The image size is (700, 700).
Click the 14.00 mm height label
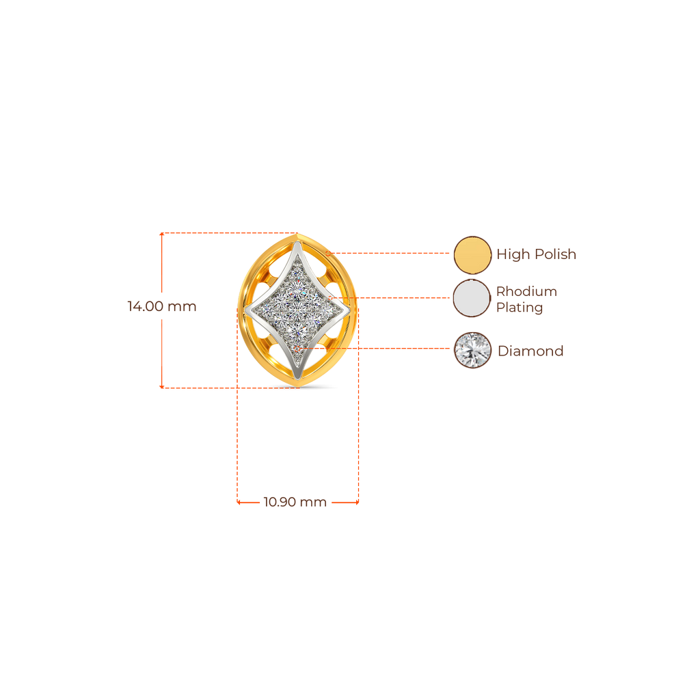(161, 306)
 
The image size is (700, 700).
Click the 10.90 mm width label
(295, 502)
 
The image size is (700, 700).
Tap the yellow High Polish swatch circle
(472, 254)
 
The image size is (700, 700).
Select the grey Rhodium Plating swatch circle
(472, 298)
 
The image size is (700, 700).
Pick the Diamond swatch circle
(473, 351)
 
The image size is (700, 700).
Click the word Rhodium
(527, 291)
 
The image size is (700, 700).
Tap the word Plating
(520, 308)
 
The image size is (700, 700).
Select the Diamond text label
(530, 351)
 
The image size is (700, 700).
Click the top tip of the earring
(297, 234)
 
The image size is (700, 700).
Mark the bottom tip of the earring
(298, 387)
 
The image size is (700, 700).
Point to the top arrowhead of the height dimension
(161, 234)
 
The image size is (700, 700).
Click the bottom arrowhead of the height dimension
(161, 386)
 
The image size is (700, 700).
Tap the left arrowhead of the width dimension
(239, 502)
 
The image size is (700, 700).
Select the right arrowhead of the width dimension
(357, 502)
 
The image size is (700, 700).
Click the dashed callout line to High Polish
(388, 253)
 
